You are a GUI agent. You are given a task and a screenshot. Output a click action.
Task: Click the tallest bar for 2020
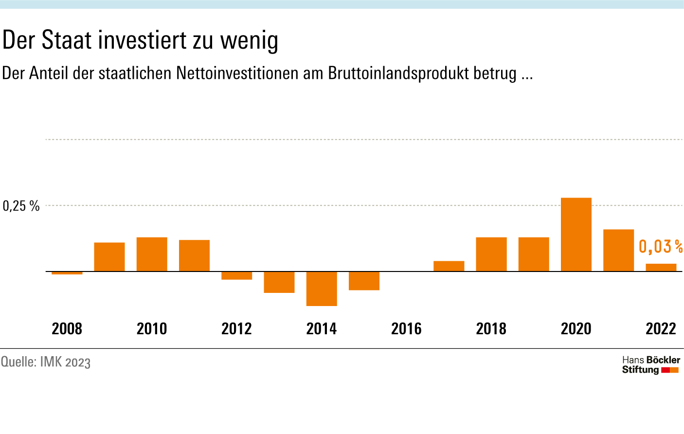tap(576, 235)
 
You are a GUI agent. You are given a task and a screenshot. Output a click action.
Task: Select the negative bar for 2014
tap(322, 289)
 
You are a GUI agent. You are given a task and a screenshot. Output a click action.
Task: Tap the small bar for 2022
tap(661, 268)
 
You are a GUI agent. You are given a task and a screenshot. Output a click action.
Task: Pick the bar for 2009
tap(109, 257)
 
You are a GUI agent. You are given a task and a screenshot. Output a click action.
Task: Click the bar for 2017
tap(449, 266)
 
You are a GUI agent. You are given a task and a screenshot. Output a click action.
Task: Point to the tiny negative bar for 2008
tap(67, 273)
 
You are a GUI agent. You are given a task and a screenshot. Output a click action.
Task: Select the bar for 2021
tap(618, 250)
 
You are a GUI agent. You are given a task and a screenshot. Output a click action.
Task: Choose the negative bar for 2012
tap(237, 275)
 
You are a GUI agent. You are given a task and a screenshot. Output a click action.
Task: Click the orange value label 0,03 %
tap(660, 247)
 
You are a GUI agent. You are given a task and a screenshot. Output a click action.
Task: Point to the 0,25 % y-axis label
tap(21, 206)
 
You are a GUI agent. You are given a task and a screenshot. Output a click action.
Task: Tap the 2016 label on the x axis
tap(406, 329)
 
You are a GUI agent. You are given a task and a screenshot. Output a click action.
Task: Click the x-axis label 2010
tap(152, 329)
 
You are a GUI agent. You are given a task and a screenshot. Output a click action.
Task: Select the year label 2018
tap(491, 329)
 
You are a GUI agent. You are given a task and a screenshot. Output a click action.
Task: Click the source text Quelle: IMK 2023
tap(46, 362)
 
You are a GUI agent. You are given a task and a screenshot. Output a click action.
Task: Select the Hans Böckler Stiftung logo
tap(650, 364)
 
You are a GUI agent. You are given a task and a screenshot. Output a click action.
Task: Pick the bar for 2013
tap(279, 282)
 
